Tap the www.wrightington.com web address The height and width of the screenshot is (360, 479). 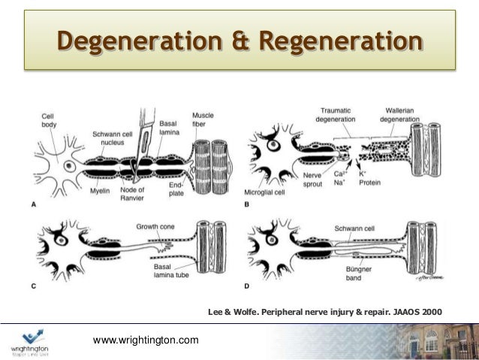tap(146, 340)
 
